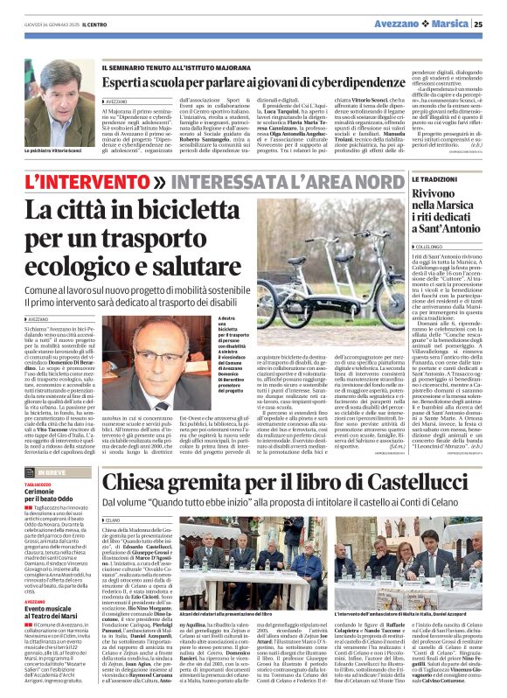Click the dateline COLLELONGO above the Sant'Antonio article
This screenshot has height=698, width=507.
pos(435,248)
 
